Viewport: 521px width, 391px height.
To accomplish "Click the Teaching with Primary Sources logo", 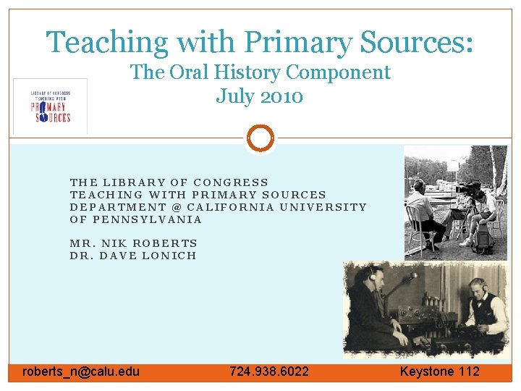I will pyautogui.click(x=50, y=106).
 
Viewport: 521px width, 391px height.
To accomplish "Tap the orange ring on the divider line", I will pyautogui.click(x=260, y=138).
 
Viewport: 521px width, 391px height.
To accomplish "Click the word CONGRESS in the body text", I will pyautogui.click(x=232, y=182).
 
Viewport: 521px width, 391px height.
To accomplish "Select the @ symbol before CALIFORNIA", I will pyautogui.click(x=176, y=207).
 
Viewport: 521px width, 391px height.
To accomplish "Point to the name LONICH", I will pyautogui.click(x=171, y=256).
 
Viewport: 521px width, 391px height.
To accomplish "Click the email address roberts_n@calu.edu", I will pyautogui.click(x=81, y=371).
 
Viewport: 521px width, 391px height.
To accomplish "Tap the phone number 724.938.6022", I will pyautogui.click(x=269, y=371).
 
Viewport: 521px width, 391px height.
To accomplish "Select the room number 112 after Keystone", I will pyautogui.click(x=467, y=371).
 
